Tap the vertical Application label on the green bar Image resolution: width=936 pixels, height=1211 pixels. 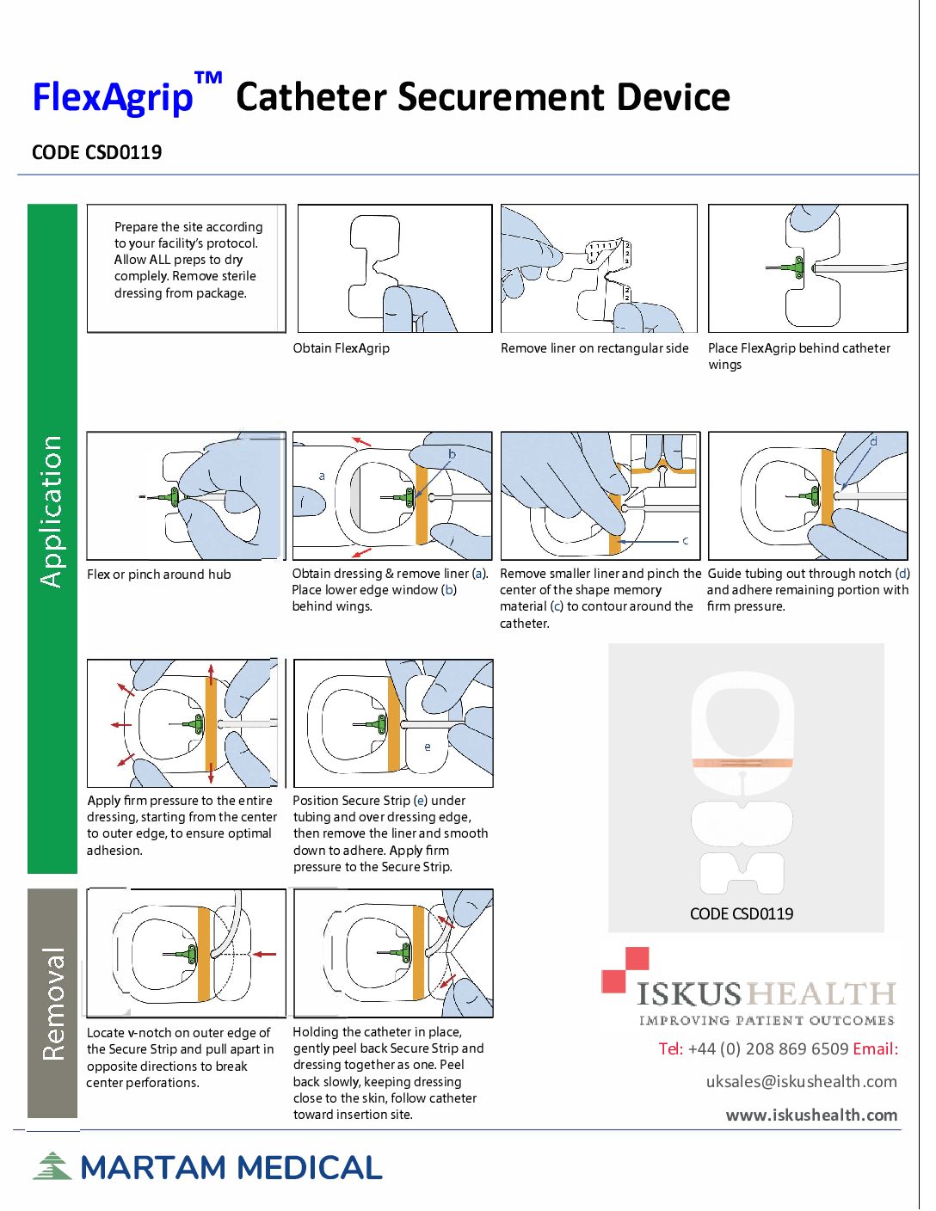click(52, 512)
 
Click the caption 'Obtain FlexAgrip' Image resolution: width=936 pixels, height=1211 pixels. click(342, 348)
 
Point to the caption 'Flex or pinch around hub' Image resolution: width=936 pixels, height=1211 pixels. click(159, 575)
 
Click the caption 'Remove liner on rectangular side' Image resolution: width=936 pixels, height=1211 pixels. click(594, 348)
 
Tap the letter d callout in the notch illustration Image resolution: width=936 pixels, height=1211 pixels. click(873, 442)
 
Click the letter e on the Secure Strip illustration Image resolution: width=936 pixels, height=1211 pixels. click(428, 747)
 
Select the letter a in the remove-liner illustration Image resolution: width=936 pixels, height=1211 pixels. click(322, 476)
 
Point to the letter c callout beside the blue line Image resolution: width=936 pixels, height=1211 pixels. click(685, 541)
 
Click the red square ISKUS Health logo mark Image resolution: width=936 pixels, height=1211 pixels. click(625, 969)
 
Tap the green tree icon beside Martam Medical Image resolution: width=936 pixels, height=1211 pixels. click(52, 1166)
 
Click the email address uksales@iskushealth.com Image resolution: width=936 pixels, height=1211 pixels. click(801, 1081)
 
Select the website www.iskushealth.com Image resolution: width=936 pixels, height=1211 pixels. click(811, 1115)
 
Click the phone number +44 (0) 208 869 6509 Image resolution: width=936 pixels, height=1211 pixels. click(768, 1048)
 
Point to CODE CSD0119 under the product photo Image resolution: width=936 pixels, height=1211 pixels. click(742, 913)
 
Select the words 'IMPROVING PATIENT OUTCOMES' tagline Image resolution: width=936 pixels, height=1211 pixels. click(766, 1021)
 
